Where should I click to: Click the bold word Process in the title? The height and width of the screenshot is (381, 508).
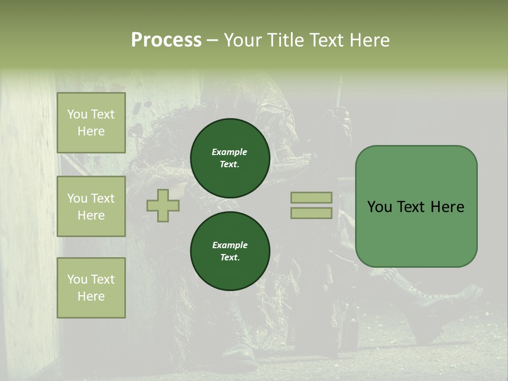[166, 40]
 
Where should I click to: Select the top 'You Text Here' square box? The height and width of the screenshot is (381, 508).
[91, 123]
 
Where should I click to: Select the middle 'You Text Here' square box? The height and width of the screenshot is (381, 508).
[91, 206]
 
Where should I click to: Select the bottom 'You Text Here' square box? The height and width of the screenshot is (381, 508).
[91, 288]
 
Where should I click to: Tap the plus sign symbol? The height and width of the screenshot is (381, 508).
[163, 205]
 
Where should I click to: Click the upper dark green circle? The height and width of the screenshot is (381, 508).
[230, 158]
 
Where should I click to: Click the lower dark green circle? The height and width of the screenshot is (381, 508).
[230, 251]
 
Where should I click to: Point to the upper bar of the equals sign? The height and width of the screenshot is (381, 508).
[311, 197]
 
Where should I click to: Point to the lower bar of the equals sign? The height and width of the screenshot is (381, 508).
[311, 213]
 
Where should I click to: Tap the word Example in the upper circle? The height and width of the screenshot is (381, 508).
[230, 152]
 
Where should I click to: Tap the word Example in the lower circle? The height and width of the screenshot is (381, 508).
[230, 245]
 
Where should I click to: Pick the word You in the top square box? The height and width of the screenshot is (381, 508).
[77, 114]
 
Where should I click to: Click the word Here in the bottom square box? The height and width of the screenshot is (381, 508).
[91, 296]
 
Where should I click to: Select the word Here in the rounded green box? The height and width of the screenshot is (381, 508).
[447, 207]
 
